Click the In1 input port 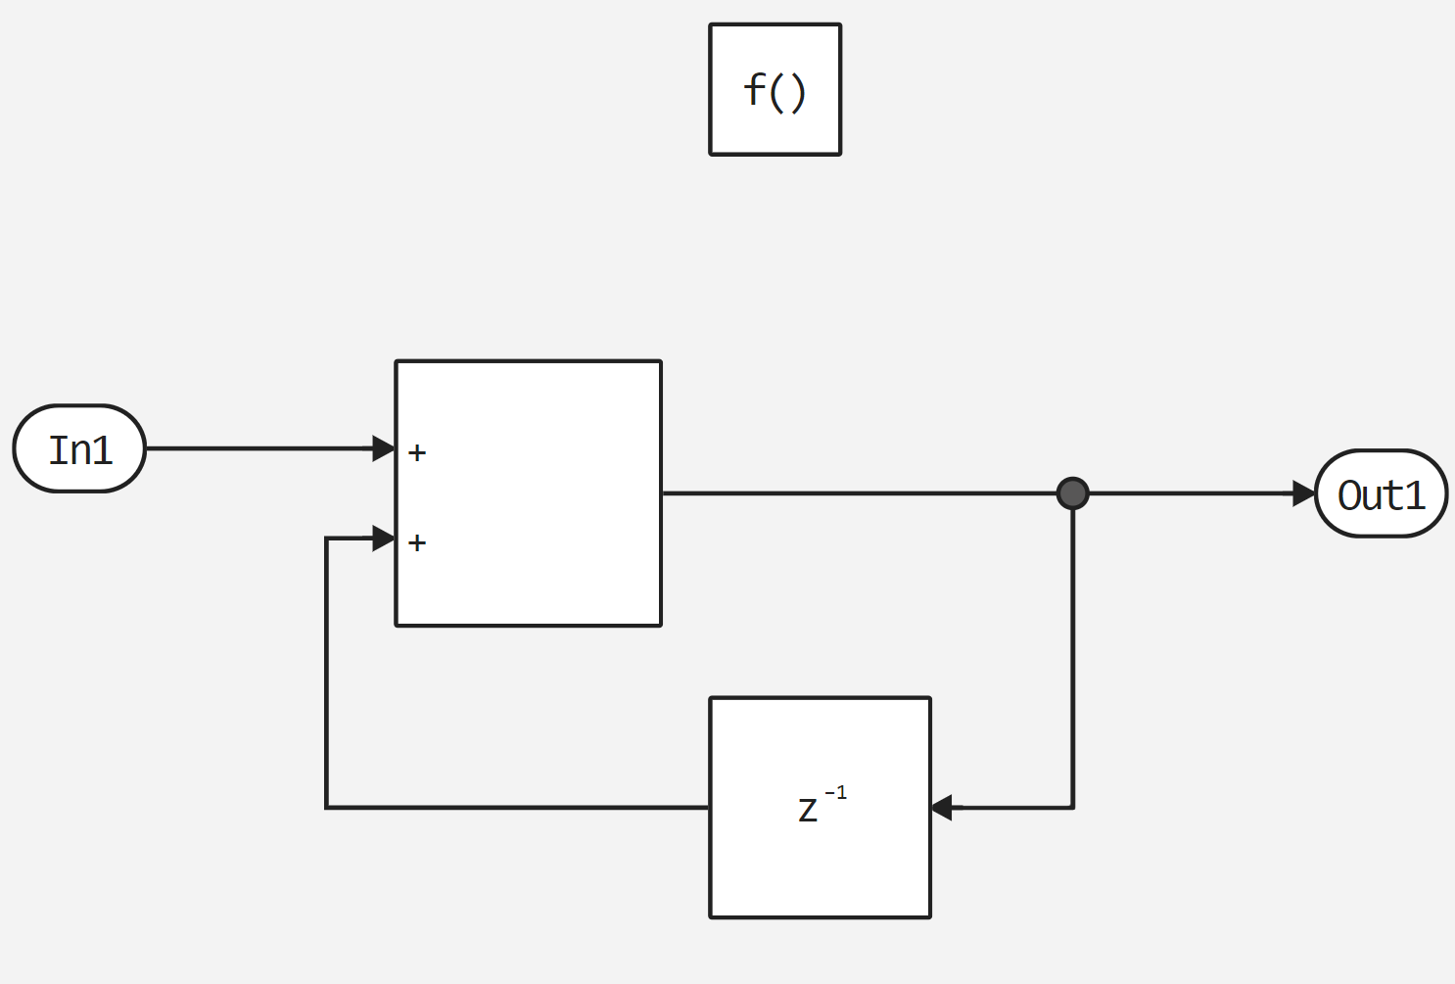click(x=79, y=448)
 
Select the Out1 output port click(x=1381, y=494)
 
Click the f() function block click(x=774, y=89)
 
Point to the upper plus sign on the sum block click(x=417, y=452)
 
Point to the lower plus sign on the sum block click(x=417, y=542)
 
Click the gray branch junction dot click(x=1073, y=493)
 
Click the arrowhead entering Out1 click(x=1303, y=493)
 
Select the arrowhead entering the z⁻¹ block click(x=942, y=808)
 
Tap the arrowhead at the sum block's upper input click(x=384, y=448)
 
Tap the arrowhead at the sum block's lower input click(x=384, y=539)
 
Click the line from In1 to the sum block click(x=259, y=448)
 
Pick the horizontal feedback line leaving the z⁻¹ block click(x=519, y=808)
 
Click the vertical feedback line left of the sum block click(x=326, y=676)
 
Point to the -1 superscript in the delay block click(x=835, y=793)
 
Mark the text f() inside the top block click(x=774, y=91)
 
